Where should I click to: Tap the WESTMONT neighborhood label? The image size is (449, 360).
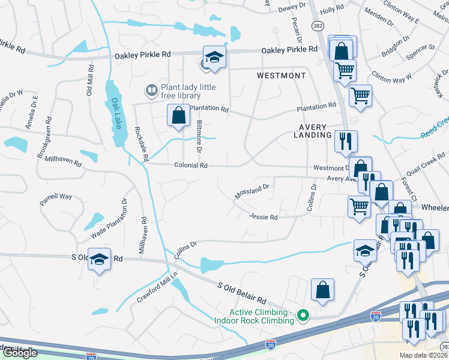click(281, 76)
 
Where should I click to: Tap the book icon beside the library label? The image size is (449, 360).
click(152, 91)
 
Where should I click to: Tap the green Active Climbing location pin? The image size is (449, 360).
click(304, 314)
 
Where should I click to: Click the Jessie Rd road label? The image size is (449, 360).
click(264, 217)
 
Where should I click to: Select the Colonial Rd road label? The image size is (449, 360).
click(191, 166)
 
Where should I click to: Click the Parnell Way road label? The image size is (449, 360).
click(56, 196)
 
